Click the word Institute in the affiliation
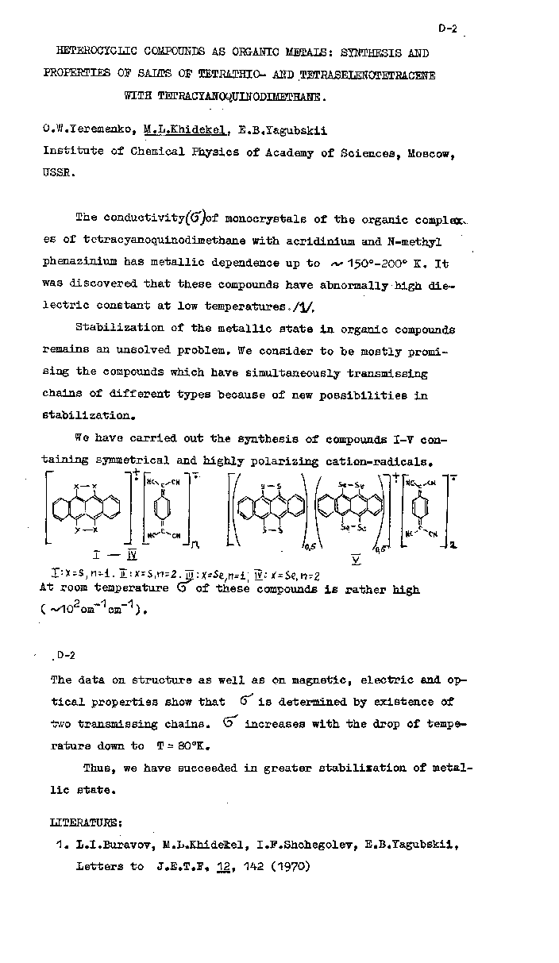tap(72, 153)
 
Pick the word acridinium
tap(327, 241)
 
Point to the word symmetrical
tap(132, 460)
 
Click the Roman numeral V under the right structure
tap(356, 560)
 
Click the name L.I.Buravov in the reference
tap(106, 845)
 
